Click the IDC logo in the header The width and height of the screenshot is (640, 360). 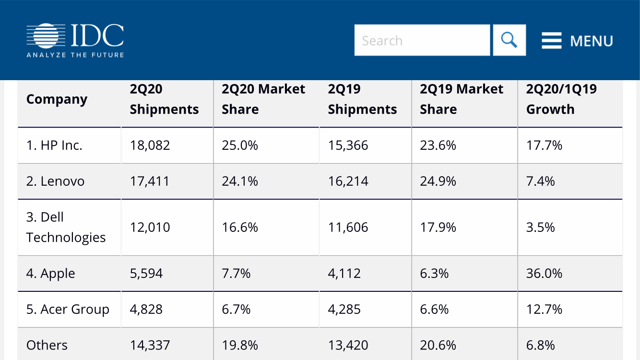click(x=75, y=36)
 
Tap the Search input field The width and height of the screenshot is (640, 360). click(x=422, y=40)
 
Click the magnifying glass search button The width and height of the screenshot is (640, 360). click(x=509, y=40)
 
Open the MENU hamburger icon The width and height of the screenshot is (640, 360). click(x=551, y=41)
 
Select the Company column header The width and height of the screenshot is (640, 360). click(x=57, y=99)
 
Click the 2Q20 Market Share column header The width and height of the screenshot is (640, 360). click(x=263, y=99)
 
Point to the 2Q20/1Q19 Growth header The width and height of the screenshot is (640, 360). click(x=561, y=99)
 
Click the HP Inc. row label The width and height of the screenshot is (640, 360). click(x=54, y=145)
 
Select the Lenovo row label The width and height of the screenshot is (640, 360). click(x=55, y=181)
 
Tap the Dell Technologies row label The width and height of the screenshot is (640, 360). click(x=66, y=228)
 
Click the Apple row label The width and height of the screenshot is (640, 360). click(x=50, y=274)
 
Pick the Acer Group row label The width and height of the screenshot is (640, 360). click(x=68, y=310)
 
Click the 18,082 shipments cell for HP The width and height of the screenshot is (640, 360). click(x=150, y=145)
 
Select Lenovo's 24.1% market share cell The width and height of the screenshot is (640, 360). click(x=240, y=181)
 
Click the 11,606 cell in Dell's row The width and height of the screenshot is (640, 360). click(x=348, y=228)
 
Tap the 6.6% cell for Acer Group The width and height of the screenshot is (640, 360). click(x=434, y=310)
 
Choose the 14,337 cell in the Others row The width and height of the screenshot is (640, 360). click(x=150, y=345)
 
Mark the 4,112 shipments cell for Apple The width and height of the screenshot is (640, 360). click(x=344, y=274)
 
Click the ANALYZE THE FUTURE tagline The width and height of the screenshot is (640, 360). click(x=75, y=55)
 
